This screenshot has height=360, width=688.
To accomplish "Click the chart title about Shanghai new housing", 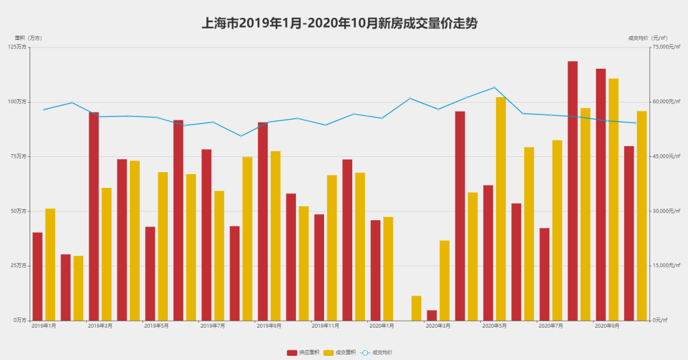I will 339,23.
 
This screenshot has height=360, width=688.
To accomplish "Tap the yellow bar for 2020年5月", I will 501,209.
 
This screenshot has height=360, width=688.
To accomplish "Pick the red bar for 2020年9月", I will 601,194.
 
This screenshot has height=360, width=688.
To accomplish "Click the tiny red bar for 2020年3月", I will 431,315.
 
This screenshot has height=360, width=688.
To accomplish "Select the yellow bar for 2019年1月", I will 50,264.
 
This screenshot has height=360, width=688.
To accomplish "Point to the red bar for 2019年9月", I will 263,221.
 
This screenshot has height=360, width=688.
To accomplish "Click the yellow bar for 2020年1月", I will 388,268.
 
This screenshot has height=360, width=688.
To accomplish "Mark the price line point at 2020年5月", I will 494,87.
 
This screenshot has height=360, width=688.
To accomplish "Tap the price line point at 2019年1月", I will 43,109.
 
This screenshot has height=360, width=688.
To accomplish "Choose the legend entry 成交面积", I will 340,352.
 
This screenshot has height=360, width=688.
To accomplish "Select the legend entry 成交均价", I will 376,352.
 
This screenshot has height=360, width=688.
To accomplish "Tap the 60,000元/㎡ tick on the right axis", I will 666,102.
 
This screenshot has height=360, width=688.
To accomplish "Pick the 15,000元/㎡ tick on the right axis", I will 666,266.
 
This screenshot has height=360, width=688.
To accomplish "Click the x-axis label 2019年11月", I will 325,326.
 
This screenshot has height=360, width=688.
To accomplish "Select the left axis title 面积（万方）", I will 28,38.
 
